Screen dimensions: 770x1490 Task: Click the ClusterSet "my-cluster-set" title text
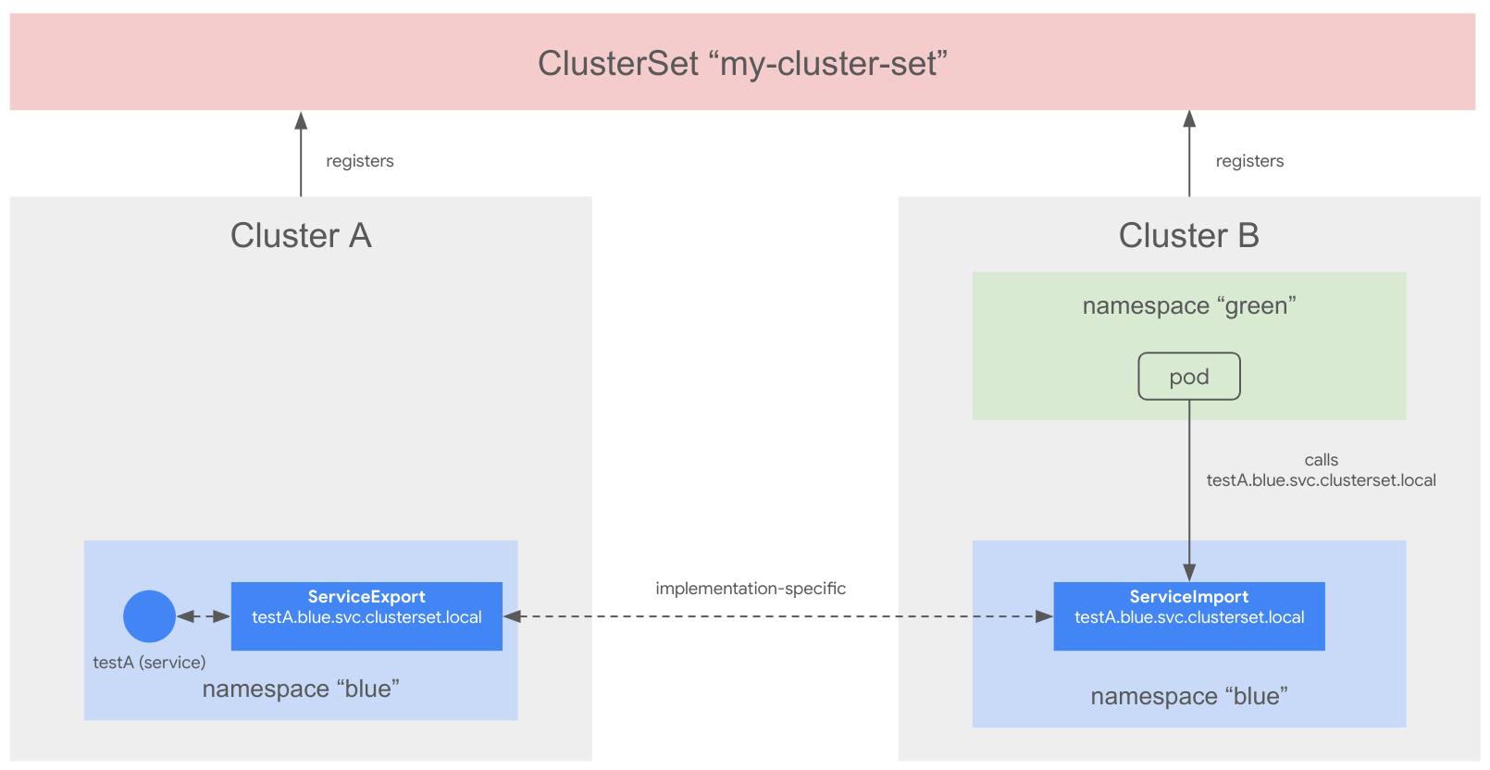point(742,64)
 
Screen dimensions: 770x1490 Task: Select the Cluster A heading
point(301,236)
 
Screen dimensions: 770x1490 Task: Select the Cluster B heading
point(1188,236)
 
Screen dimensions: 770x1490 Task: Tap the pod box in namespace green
point(1188,377)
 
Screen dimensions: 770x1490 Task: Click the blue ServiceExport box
point(366,616)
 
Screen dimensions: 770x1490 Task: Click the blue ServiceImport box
point(1188,616)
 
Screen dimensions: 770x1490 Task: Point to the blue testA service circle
point(149,616)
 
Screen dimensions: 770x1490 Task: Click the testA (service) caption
point(149,663)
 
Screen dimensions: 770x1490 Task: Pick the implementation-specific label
point(750,589)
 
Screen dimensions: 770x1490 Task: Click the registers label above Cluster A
point(359,161)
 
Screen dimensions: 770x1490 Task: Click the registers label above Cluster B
point(1249,161)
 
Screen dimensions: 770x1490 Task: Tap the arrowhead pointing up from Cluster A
point(301,120)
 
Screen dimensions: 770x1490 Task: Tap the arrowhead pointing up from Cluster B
point(1189,119)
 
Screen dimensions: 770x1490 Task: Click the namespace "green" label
point(1188,306)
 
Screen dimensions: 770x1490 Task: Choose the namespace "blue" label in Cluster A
point(301,689)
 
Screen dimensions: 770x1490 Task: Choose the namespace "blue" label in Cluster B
point(1188,697)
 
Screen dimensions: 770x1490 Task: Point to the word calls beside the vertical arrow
point(1321,460)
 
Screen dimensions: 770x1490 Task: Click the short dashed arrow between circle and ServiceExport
point(203,616)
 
